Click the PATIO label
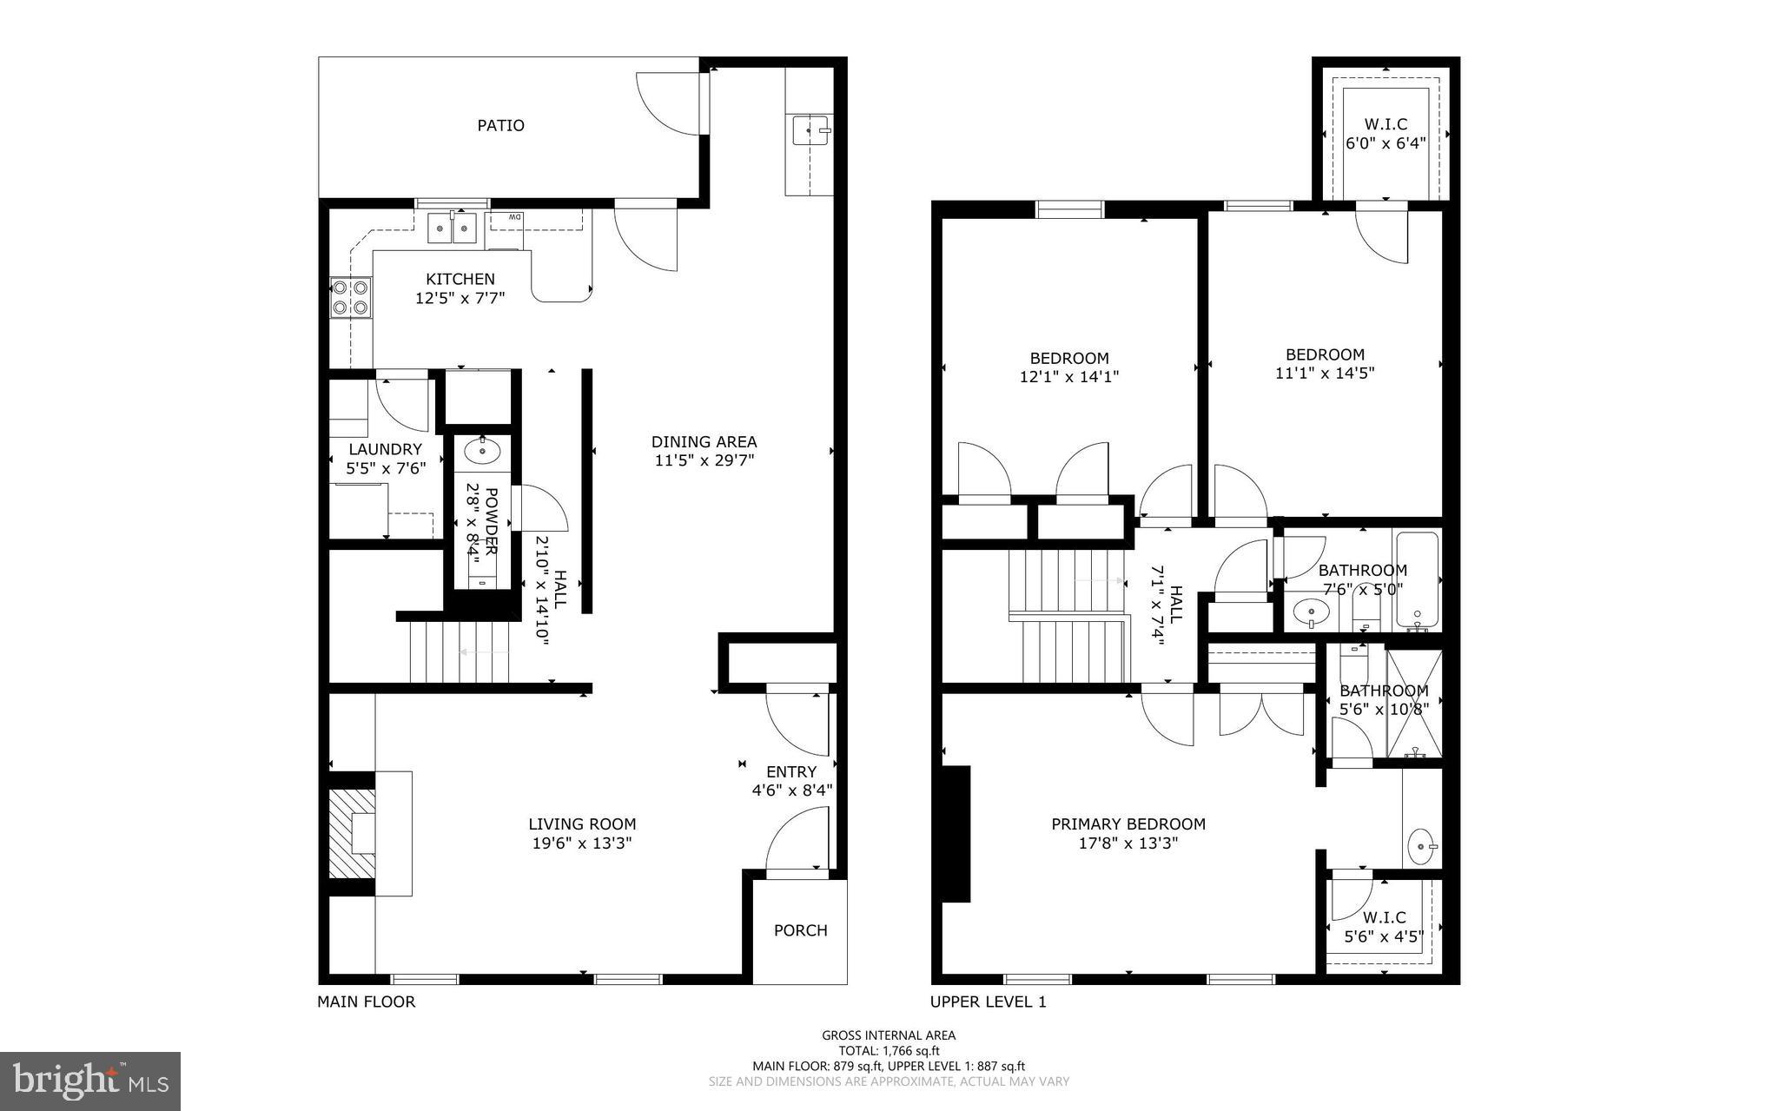pyautogui.click(x=501, y=125)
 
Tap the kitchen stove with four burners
pyautogui.click(x=350, y=297)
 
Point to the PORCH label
pyautogui.click(x=800, y=930)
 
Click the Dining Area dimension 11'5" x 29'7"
pyautogui.click(x=704, y=460)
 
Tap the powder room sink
pyautogui.click(x=481, y=451)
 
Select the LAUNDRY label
pyautogui.click(x=385, y=449)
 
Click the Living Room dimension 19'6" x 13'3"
pyautogui.click(x=582, y=843)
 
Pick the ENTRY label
pyautogui.click(x=791, y=771)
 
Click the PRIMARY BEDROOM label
pyautogui.click(x=1128, y=823)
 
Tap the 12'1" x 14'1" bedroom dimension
pyautogui.click(x=1069, y=377)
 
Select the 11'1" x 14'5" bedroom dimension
pyautogui.click(x=1325, y=374)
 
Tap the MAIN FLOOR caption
pyautogui.click(x=366, y=1002)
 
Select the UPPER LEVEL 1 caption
pyautogui.click(x=988, y=1002)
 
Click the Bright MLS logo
pyautogui.click(x=90, y=1081)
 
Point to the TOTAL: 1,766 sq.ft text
pyautogui.click(x=889, y=1050)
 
